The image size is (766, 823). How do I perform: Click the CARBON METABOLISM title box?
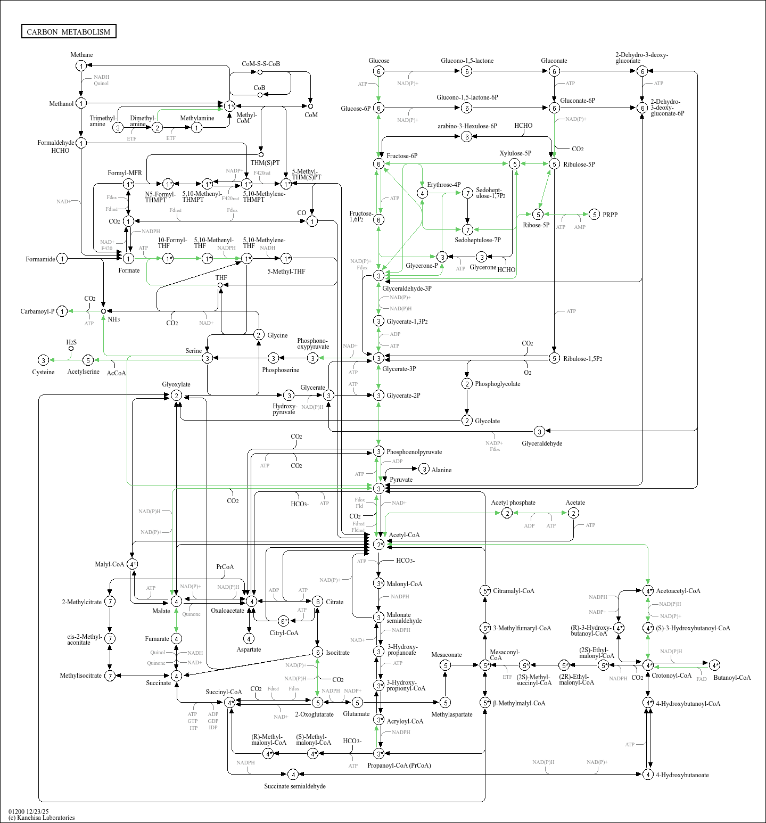tap(69, 31)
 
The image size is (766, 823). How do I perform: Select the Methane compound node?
tap(81, 65)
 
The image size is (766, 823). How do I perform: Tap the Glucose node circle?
tap(378, 71)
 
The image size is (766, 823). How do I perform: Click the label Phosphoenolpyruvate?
tap(414, 452)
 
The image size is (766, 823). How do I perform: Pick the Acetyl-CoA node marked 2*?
tap(378, 544)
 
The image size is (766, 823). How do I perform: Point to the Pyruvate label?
tap(401, 480)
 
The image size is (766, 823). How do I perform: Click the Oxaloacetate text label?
tap(227, 611)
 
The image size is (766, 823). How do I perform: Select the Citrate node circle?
tap(317, 602)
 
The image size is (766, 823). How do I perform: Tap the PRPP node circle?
tap(595, 215)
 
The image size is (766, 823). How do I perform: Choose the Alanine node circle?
tap(424, 469)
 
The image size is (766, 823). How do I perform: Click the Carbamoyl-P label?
tap(37, 311)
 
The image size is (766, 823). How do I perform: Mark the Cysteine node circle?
tap(44, 360)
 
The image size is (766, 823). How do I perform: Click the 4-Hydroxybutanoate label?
tap(682, 775)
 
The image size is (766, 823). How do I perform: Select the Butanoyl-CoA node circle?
tap(714, 665)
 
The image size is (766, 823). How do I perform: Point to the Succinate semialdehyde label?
tap(295, 786)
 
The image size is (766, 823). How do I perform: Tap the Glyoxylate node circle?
tap(176, 396)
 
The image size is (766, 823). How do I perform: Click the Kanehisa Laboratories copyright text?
tap(42, 818)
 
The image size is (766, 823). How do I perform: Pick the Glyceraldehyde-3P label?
tap(407, 289)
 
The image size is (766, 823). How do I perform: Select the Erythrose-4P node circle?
tap(422, 193)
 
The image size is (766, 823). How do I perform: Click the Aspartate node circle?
tap(249, 638)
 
